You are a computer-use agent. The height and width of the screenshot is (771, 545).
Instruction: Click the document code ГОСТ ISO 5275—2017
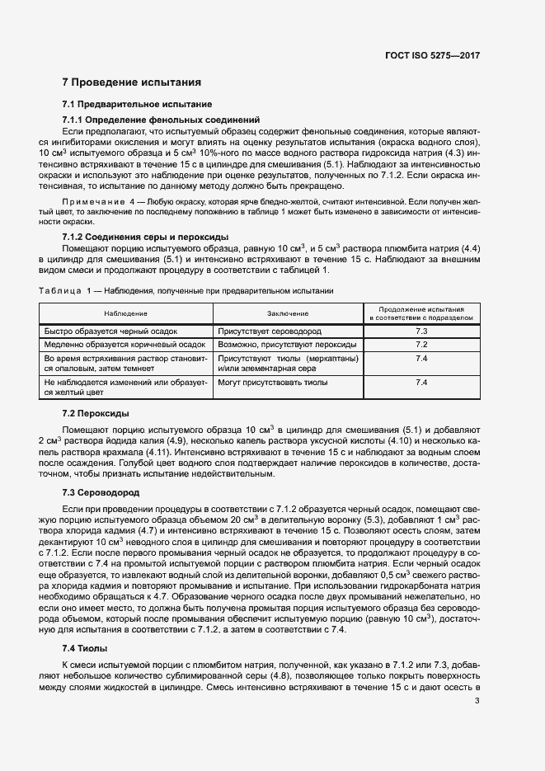click(432, 55)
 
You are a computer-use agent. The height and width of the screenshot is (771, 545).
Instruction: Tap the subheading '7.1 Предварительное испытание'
click(137, 105)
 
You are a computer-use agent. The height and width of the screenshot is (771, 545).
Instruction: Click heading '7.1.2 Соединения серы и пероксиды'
click(145, 237)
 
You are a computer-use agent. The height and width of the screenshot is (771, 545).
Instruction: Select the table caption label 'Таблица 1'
click(71, 291)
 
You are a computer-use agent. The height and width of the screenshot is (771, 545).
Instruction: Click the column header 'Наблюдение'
click(126, 314)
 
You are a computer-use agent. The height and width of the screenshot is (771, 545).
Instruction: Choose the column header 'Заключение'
click(288, 314)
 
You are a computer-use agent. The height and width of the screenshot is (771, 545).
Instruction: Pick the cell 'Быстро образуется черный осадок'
click(110, 331)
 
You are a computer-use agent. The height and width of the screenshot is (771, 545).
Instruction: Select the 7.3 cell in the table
click(420, 331)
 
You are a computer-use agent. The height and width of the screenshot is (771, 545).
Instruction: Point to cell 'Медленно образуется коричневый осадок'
click(124, 345)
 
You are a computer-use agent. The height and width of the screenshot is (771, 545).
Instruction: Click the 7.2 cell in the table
click(420, 345)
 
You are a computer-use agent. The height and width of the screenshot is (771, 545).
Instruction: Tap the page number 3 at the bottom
click(477, 701)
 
